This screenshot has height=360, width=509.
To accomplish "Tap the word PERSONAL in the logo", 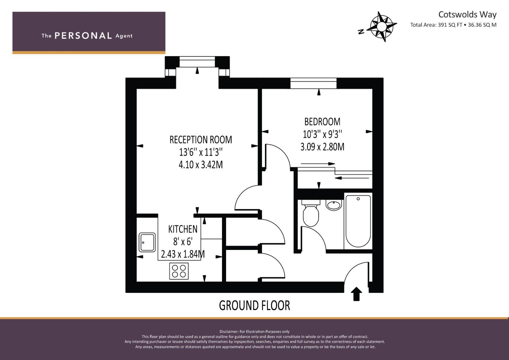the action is tap(83, 36).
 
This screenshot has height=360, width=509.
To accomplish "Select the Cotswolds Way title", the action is tap(467, 15).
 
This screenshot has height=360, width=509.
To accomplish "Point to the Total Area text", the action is tap(453, 25).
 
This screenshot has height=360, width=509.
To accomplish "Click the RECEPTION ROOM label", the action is tap(201, 140).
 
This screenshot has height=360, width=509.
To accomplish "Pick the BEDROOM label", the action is tap(322, 122).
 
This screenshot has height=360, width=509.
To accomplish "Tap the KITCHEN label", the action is tap(183, 229).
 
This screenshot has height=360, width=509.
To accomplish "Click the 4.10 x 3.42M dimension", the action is tap(201, 165).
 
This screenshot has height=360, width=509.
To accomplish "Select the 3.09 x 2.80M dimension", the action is tap(322, 147).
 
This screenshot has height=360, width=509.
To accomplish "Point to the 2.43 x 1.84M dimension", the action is tap(183, 254).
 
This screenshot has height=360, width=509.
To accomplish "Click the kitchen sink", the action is tap(147, 242).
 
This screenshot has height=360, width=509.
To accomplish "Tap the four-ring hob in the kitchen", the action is tap(179, 271).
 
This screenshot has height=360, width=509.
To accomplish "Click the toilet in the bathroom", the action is tap(311, 213).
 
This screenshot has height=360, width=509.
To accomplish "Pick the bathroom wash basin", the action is tap(334, 205).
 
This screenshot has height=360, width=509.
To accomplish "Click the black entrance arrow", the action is tap(356, 294).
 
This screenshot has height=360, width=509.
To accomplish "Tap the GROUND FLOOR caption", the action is tap(255, 305).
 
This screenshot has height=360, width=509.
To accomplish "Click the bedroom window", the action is tap(314, 83).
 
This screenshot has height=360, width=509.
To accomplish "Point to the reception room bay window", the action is tap(197, 62).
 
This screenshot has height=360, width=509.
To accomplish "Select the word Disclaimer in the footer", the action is tap(229, 332).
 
